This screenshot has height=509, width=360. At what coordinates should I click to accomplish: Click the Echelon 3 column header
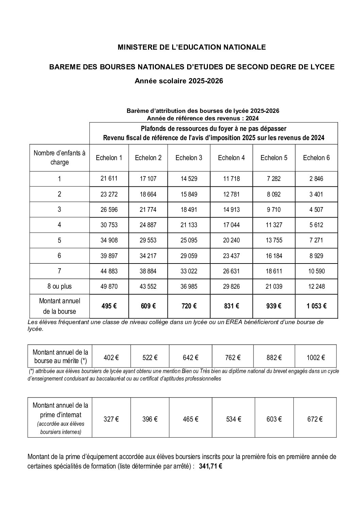pyautogui.click(x=189, y=158)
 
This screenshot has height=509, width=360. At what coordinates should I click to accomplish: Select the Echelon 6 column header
pyautogui.click(x=316, y=158)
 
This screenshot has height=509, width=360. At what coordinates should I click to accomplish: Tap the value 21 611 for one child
pyautogui.click(x=109, y=178)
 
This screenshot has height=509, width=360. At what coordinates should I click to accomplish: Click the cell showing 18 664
pyautogui.click(x=148, y=194)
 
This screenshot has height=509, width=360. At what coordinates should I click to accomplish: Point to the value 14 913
pyautogui.click(x=231, y=209)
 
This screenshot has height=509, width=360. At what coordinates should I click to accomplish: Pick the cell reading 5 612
pyautogui.click(x=316, y=225)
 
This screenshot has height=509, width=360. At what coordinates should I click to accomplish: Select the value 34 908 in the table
pyautogui.click(x=109, y=240)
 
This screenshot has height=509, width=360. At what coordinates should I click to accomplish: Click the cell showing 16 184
pyautogui.click(x=274, y=256)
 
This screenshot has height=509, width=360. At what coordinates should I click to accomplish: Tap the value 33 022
pyautogui.click(x=189, y=271)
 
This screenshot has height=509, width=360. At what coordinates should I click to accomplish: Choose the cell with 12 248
pyautogui.click(x=316, y=286)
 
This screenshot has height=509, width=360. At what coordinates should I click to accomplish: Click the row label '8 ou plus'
pyautogui.click(x=60, y=286)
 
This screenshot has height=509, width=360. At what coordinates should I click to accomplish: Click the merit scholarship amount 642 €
pyautogui.click(x=191, y=357)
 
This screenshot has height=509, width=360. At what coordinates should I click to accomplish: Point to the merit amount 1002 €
pyautogui.click(x=315, y=357)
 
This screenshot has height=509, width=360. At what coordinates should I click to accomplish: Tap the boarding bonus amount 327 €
pyautogui.click(x=111, y=419)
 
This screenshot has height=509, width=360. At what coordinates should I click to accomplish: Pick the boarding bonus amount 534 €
pyautogui.click(x=233, y=419)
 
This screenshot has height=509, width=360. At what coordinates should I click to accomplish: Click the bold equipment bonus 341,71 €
pyautogui.click(x=211, y=466)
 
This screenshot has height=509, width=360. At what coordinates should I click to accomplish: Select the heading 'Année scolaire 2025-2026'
pyautogui.click(x=179, y=81)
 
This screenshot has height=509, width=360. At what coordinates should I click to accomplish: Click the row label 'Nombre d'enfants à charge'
pyautogui.click(x=60, y=158)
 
